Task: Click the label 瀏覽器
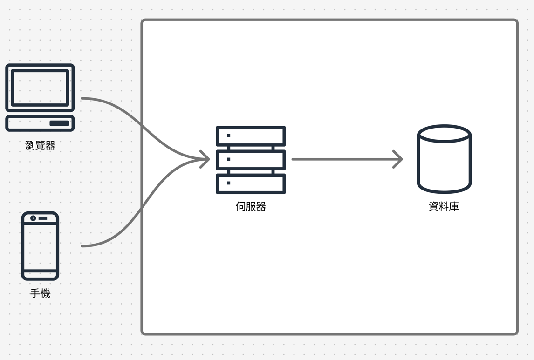pos(40,146)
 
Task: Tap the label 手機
pos(40,293)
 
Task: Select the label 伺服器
pos(251,206)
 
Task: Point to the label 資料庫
pos(444,206)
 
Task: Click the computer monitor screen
pos(40,88)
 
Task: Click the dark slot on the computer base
pos(60,123)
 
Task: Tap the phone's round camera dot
pos(33,218)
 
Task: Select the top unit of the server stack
pos(251,136)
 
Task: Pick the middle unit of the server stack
pos(251,160)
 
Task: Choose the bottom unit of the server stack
pos(251,184)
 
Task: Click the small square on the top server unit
pos(228,136)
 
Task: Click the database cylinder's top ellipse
pos(444,134)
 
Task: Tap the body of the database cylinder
pos(444,163)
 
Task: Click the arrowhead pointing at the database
pos(398,159)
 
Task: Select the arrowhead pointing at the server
pos(205,159)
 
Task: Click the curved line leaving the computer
pos(143,127)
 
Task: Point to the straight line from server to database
pos(347,159)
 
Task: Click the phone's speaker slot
pos(43,218)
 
